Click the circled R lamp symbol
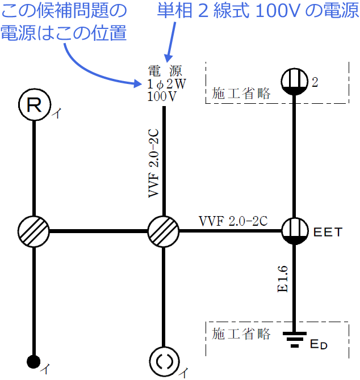pos(34,105)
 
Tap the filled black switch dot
pos(34,361)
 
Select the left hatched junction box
pos(34,231)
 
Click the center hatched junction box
pos(164,231)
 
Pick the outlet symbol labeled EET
pos(295,231)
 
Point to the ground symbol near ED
pos(295,339)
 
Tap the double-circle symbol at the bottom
pos(164,361)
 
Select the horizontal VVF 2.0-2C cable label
pos(233,221)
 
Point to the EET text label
pos(327,232)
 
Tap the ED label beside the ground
pos(319,344)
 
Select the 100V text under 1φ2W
pos(162,96)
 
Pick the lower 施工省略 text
pos(241,332)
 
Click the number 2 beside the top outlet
pos(315,83)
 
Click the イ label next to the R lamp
pos(56,114)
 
